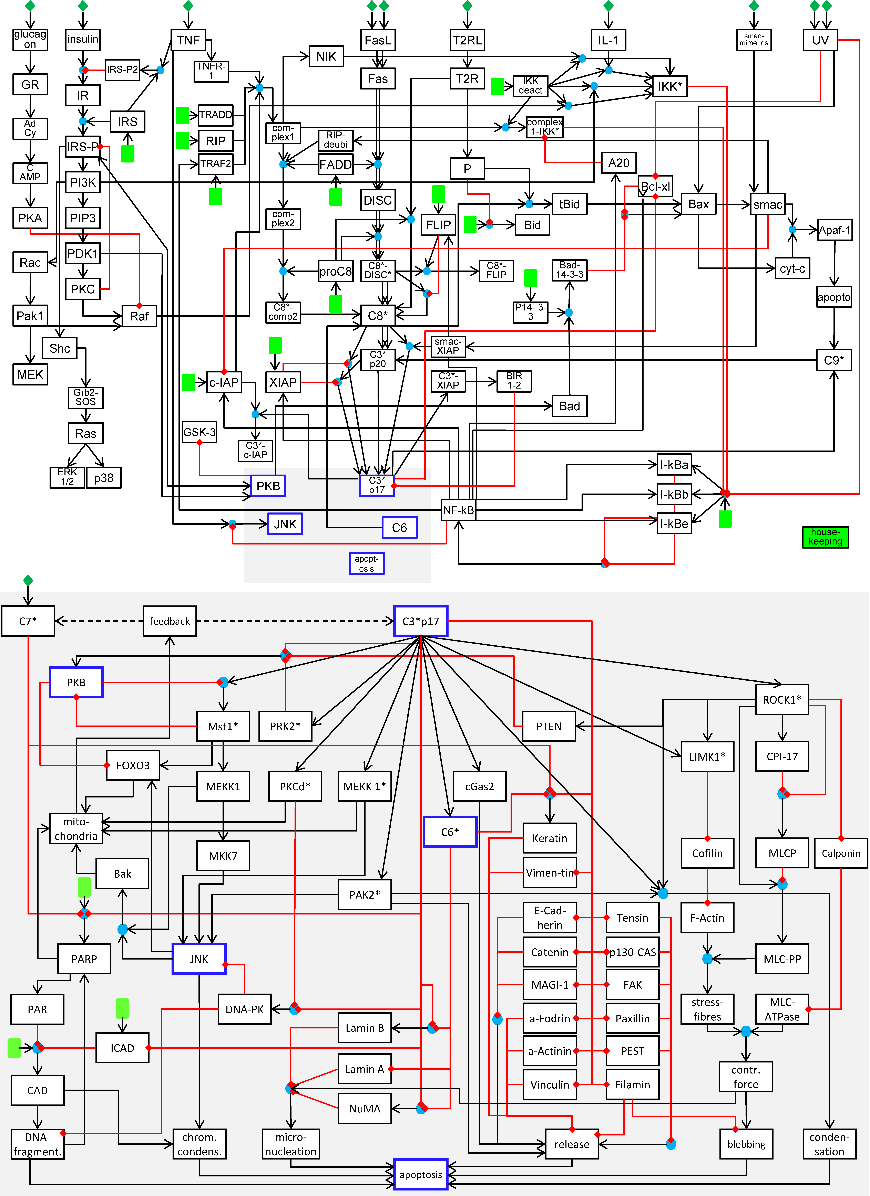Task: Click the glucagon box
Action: point(30,40)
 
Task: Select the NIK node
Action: point(326,56)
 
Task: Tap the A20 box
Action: point(619,163)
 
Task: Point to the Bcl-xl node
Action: point(655,186)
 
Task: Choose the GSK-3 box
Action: point(199,432)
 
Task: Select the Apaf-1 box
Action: point(835,230)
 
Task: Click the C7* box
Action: point(28,621)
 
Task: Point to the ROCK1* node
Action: point(782,700)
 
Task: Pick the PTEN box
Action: point(549,726)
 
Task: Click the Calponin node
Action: point(841,853)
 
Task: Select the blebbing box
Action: point(746,1144)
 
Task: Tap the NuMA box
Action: point(365,1109)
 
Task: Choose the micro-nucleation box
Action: point(291,1144)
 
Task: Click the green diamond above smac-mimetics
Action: point(754,6)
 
